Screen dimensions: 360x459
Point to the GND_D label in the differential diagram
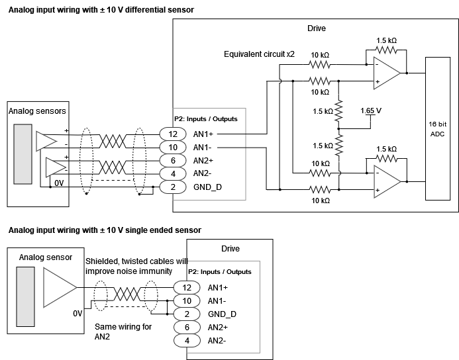point(208,187)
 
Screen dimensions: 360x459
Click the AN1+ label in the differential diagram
point(204,134)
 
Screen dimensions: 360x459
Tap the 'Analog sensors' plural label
point(37,111)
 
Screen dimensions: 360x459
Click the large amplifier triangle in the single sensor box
point(59,289)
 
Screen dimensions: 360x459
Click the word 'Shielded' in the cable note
point(103,261)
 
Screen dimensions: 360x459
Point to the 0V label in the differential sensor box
point(58,182)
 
